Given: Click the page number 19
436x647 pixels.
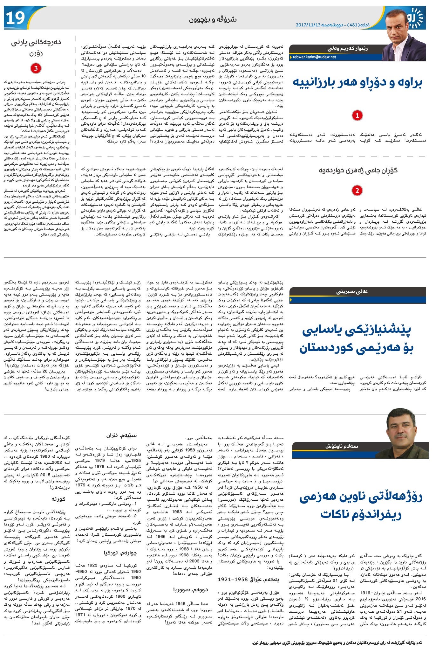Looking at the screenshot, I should click(x=15, y=18).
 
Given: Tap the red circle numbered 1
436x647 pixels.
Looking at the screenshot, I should click(x=357, y=115).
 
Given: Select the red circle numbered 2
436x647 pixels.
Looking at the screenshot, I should click(x=357, y=191).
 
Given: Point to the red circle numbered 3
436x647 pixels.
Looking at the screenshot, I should click(x=36, y=68).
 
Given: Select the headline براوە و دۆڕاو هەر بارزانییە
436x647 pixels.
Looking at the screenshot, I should click(x=358, y=82).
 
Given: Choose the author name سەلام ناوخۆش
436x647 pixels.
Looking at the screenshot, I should click(x=341, y=446).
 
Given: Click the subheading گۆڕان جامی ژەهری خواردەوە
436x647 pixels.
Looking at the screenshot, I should click(x=358, y=170).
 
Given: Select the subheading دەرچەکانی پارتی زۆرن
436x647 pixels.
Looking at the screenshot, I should click(x=36, y=47).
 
